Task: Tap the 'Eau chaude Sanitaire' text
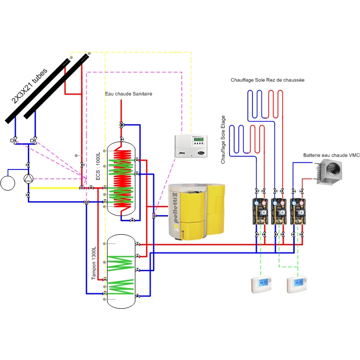click(128, 94)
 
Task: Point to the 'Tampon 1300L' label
click(94, 264)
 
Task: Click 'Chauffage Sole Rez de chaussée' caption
click(267, 80)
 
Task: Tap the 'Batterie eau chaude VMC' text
click(331, 156)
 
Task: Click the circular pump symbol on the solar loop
click(29, 179)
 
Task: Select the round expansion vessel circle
click(8, 183)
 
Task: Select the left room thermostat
click(261, 285)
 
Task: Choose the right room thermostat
click(297, 285)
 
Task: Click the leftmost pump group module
click(261, 209)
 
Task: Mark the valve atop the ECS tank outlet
click(121, 125)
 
